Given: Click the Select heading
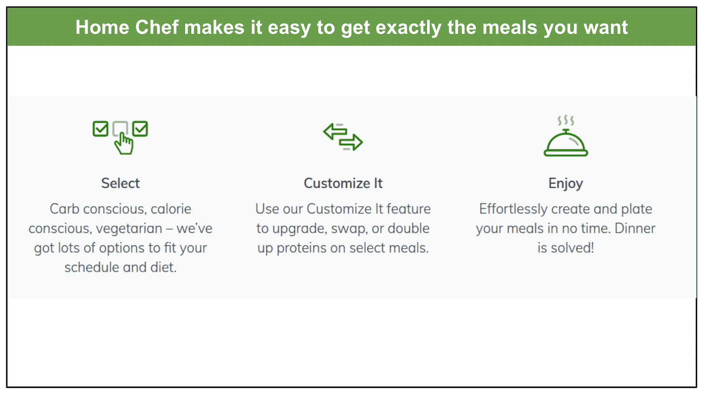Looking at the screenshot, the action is pos(120,184).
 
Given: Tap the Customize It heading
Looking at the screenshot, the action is pos(343,184).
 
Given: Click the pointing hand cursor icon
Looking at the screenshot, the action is pos(124,144).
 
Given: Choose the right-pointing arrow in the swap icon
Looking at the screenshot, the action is pos(351,142).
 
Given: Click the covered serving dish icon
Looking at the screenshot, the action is pos(566,143).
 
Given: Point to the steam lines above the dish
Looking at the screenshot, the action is pos(566,120).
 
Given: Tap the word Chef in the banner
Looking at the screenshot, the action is pos(157,27).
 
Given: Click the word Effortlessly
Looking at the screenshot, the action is pos(513,209).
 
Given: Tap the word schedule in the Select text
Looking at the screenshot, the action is pos(92,267).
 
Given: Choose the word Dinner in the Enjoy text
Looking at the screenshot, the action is pos(635,228).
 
